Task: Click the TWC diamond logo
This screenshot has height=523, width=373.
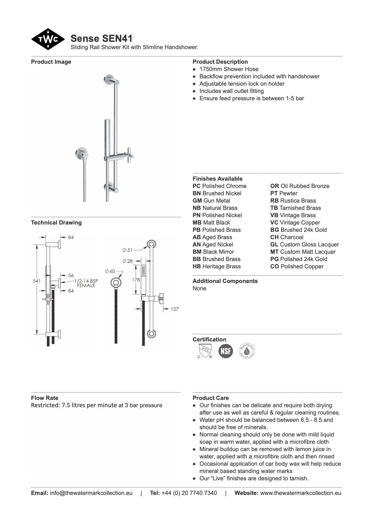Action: coord(48,39)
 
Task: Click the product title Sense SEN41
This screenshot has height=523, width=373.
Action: coord(101,38)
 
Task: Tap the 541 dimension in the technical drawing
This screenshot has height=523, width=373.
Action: coord(37,281)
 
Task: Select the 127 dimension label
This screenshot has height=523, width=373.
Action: coord(175,309)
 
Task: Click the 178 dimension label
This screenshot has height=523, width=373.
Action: coord(136,279)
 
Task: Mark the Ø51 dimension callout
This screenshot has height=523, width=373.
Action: coord(128,250)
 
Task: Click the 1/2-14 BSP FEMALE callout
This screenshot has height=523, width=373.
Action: coord(86,283)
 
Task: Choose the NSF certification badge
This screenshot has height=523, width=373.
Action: coord(226,351)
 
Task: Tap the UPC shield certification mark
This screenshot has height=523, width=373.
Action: coord(204,351)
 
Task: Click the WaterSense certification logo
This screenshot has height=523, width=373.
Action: coord(247,351)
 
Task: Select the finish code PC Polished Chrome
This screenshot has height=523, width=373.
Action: coord(219,186)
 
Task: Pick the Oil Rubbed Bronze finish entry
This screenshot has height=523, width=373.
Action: coord(300,186)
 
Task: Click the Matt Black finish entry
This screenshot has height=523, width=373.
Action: coord(211,222)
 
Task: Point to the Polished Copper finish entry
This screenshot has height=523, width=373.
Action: coord(297,266)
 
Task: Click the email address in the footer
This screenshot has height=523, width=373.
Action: coord(91,493)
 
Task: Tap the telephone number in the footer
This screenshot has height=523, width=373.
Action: coord(189,493)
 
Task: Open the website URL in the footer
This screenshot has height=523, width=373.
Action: coord(300,493)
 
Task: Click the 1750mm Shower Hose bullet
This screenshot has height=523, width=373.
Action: coord(229,69)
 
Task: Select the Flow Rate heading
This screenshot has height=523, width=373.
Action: coord(44,398)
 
